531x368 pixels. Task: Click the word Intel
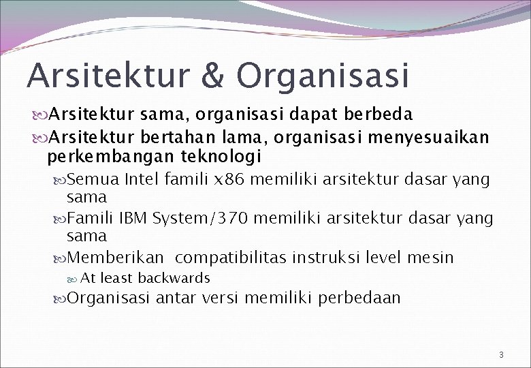point(142,180)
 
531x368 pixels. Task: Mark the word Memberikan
point(116,258)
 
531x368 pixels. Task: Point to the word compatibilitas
point(231,258)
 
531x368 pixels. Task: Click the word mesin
point(431,258)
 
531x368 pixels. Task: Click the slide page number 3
point(500,354)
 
